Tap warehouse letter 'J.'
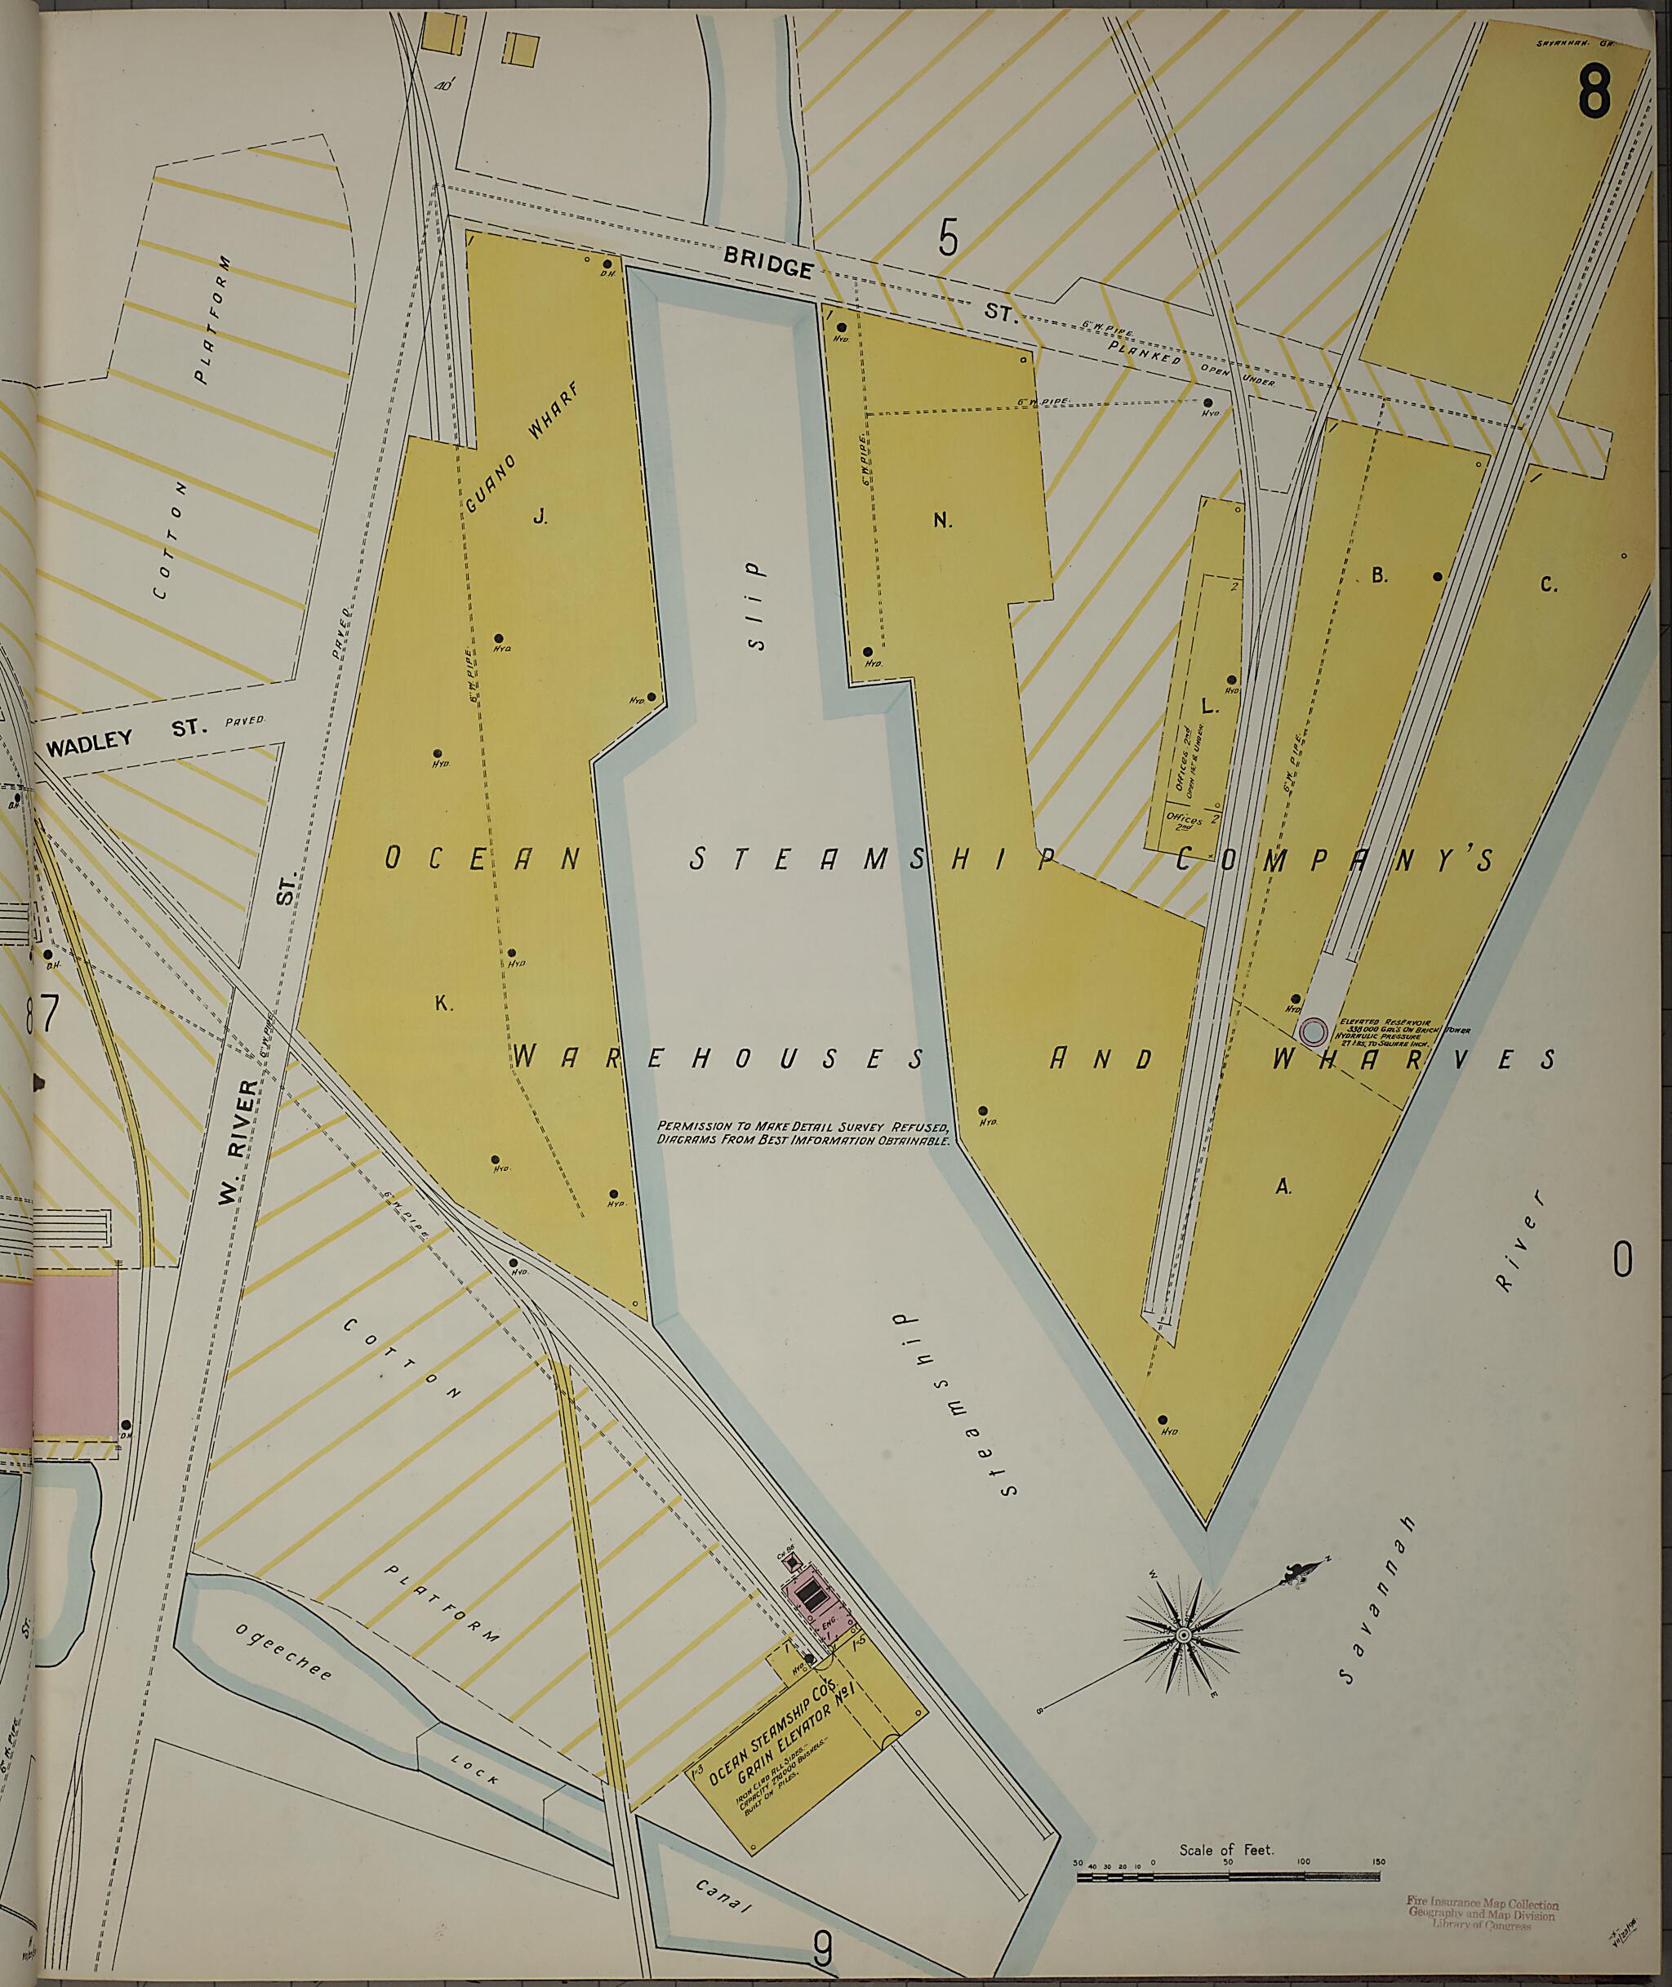coord(540,517)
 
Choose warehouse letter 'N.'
coord(942,519)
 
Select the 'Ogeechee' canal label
coord(283,1651)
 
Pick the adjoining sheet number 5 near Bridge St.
coord(948,237)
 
